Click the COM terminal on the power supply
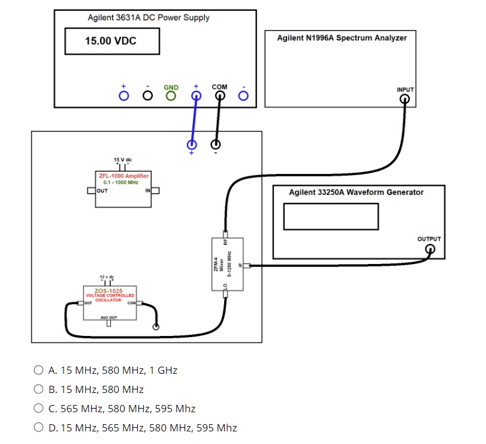pos(219,95)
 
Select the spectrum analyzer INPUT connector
pos(405,99)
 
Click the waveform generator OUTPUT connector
pos(429,249)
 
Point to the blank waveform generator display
pos(331,216)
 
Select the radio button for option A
pos(38,370)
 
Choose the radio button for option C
pos(38,409)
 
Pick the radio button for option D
pos(38,428)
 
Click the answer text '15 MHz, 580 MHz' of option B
pos(102,389)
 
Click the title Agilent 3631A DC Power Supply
pos(149,17)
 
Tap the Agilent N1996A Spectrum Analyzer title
pos(342,38)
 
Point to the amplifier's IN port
pos(155,191)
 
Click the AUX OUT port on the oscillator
pos(109,323)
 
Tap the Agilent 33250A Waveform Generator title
pos(356,193)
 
